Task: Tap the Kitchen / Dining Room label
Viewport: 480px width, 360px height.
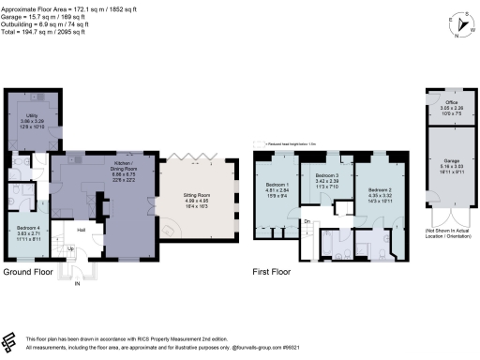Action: pos(116,166)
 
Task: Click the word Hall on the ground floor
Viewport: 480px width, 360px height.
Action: pos(82,230)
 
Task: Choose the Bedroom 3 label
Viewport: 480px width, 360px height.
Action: pos(325,177)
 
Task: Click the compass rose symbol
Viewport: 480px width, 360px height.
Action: pos(457,25)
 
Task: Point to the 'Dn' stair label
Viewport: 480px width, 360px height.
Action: pos(307,221)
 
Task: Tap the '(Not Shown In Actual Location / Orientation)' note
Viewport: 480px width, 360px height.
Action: pos(446,233)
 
